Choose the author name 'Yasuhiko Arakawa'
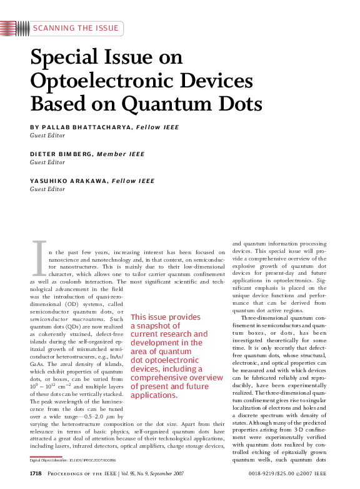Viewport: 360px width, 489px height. [x=68, y=181]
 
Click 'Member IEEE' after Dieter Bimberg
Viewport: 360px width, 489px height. [x=122, y=154]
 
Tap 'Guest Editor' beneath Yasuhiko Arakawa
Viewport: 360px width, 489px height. [x=47, y=189]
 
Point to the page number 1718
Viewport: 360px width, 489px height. [x=36, y=474]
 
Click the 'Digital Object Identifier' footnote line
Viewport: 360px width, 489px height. [x=68, y=460]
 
